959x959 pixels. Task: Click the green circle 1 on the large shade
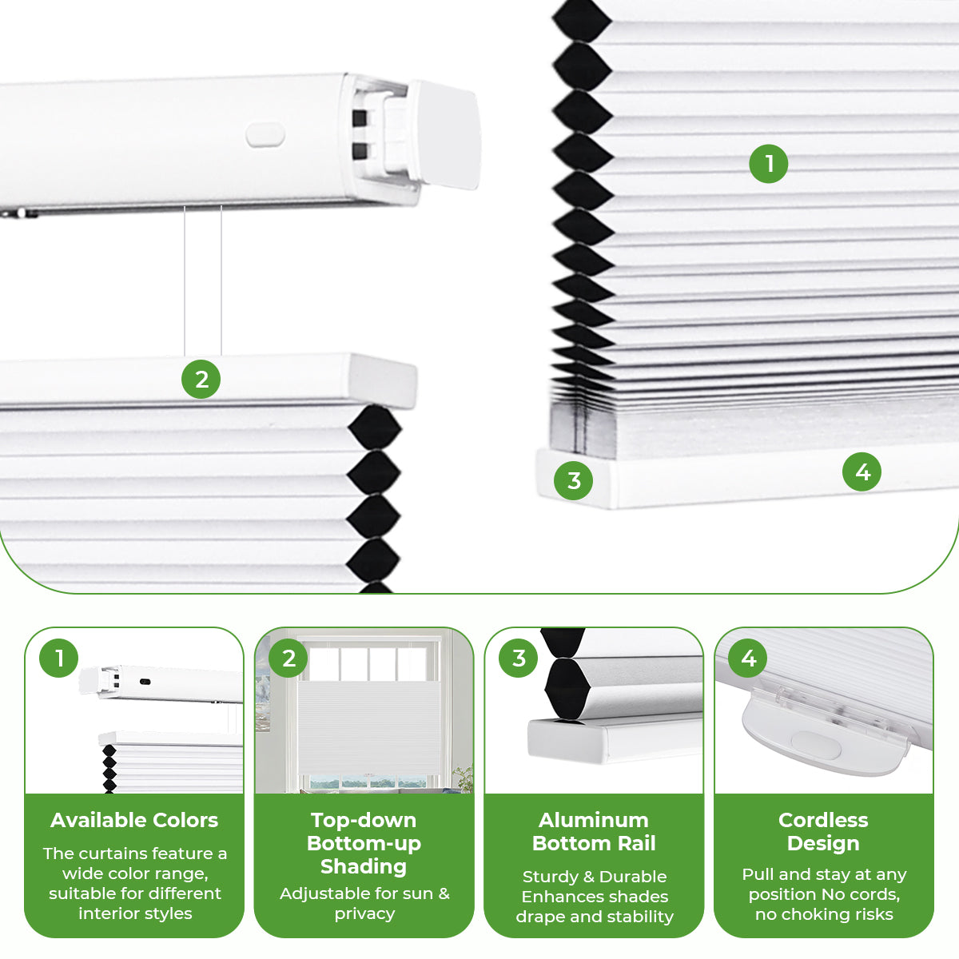768,164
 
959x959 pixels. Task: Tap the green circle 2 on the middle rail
201,379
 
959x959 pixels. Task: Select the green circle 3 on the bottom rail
574,480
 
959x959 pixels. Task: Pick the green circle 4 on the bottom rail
862,472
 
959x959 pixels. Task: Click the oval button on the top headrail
265,135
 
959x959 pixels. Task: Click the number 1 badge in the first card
59,659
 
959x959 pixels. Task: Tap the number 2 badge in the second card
288,659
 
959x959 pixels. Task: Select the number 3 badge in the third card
519,659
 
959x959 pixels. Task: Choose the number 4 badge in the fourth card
748,659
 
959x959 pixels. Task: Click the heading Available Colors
134,820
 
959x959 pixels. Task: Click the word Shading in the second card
364,866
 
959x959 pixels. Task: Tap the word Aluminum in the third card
594,820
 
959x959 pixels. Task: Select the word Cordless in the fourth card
823,820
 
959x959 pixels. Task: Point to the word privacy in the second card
364,913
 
